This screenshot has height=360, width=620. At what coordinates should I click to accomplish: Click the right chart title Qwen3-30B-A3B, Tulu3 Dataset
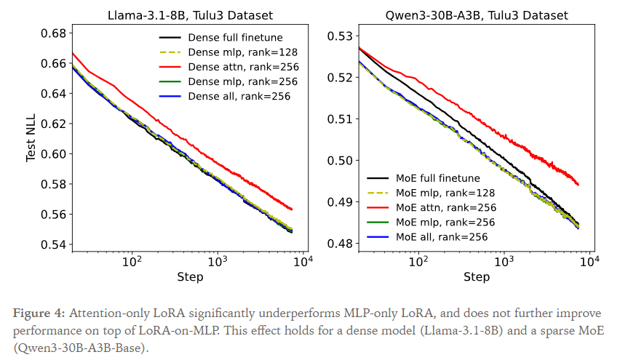coord(477,15)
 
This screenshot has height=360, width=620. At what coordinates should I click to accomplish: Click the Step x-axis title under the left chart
coord(189,276)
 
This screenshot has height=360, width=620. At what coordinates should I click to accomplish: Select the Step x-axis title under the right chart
coord(477,276)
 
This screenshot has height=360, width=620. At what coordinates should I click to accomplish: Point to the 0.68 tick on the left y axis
coord(54,33)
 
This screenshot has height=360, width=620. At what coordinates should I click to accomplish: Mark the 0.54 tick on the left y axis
coord(54,244)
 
